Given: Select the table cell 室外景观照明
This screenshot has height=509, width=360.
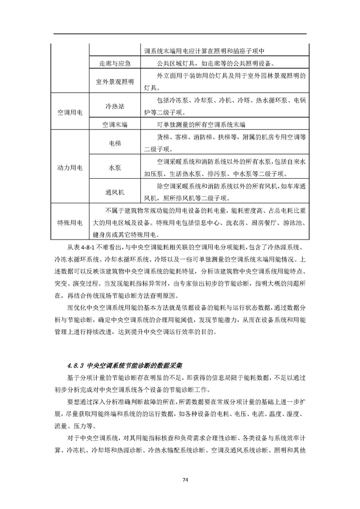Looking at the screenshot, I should click(114, 81).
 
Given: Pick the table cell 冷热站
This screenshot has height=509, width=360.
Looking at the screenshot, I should click(114, 106).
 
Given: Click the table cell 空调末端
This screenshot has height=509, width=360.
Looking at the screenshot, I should click(114, 125).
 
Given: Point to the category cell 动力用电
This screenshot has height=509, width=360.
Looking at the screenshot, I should click(70, 168).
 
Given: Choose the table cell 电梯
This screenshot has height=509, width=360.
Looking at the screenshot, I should click(114, 143).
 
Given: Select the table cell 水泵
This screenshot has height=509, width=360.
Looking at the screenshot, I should click(114, 167).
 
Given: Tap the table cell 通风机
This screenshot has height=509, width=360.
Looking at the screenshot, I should click(114, 192).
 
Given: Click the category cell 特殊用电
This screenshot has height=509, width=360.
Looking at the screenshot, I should click(70, 223).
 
